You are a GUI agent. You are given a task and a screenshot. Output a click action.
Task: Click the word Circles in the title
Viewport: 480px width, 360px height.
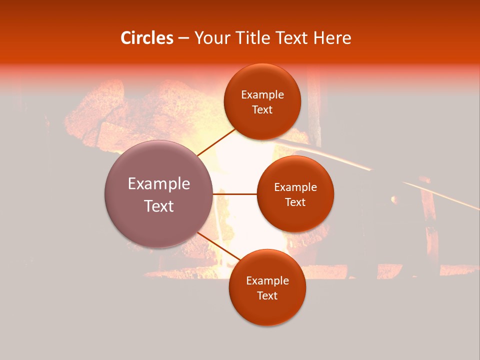pyautogui.click(x=147, y=38)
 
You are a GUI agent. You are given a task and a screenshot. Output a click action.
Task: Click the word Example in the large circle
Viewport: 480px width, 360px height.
pyautogui.click(x=159, y=184)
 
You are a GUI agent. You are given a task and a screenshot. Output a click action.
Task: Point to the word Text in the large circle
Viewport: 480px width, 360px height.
pyautogui.click(x=159, y=206)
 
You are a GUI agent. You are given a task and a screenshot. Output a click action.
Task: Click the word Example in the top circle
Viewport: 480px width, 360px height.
pyautogui.click(x=262, y=95)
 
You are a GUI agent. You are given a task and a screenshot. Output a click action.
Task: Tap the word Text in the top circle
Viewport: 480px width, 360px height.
pyautogui.click(x=262, y=109)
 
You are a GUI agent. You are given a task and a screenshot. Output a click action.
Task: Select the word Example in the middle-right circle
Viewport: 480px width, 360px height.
pyautogui.click(x=295, y=187)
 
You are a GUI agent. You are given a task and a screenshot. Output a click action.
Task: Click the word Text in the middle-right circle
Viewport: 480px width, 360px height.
pyautogui.click(x=295, y=202)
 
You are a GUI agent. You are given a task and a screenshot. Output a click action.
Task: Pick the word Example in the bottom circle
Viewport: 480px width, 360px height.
pyautogui.click(x=267, y=281)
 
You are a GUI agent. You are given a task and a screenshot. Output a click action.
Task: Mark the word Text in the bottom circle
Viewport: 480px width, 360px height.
pyautogui.click(x=267, y=295)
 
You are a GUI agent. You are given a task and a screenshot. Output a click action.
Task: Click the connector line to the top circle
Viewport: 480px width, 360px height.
pyautogui.click(x=216, y=142)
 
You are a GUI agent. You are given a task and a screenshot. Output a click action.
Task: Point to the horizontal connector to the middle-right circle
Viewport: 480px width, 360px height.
pyautogui.click(x=234, y=193)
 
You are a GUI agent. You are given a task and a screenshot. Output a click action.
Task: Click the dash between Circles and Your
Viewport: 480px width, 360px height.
pyautogui.click(x=183, y=38)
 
